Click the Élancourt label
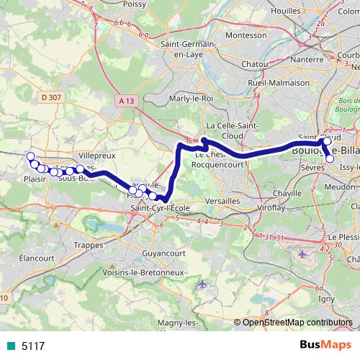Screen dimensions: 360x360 click(34, 257)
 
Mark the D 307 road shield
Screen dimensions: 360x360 click(49, 96)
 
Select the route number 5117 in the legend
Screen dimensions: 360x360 click(32, 346)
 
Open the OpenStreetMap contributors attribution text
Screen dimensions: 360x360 click(296, 323)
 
